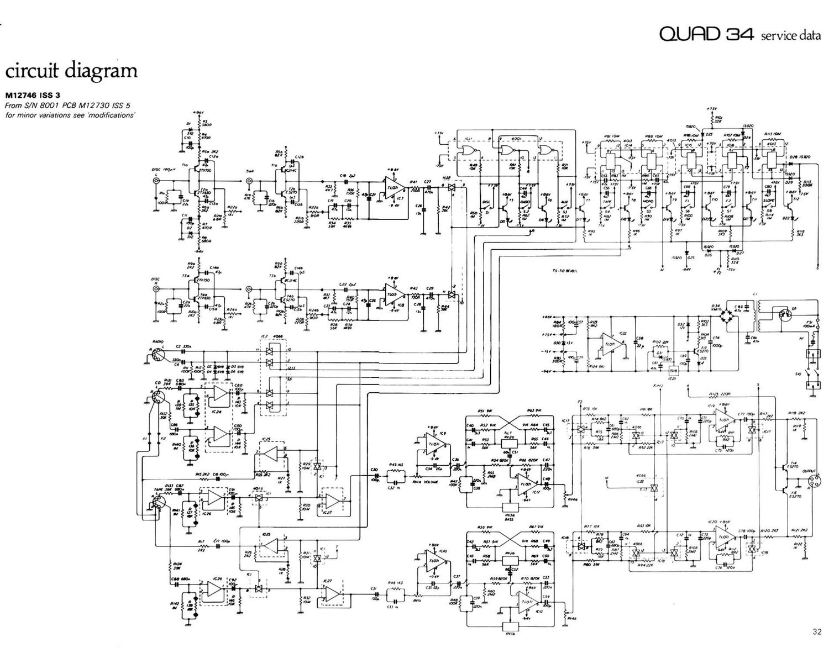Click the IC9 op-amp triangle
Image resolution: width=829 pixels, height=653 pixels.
click(x=434, y=442)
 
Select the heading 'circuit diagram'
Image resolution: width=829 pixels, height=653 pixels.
click(x=71, y=71)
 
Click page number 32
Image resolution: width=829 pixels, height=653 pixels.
click(x=817, y=631)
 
